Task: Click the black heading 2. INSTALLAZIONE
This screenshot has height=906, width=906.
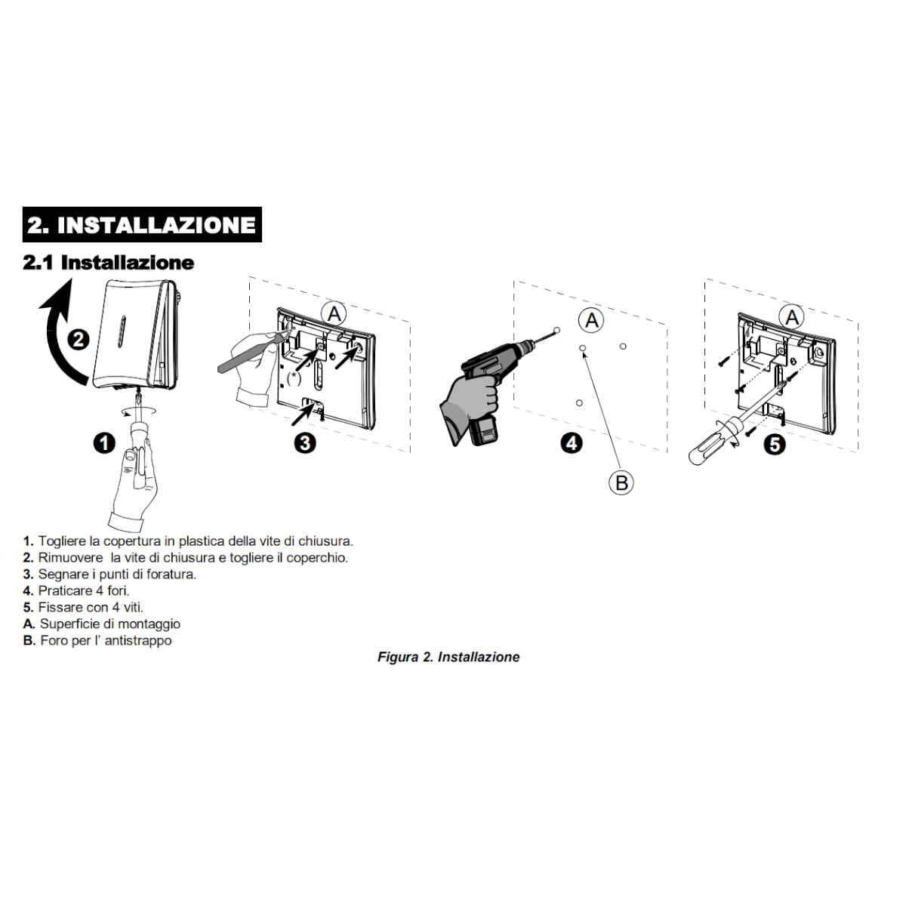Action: click(141, 224)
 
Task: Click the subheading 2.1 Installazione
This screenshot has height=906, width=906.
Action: click(108, 262)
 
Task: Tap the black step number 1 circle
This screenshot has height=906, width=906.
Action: click(104, 443)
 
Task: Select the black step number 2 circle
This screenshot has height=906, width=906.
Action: click(79, 339)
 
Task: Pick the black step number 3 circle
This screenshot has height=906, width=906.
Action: click(305, 443)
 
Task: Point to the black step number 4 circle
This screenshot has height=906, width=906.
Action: click(572, 443)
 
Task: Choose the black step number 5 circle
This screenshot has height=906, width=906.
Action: click(775, 444)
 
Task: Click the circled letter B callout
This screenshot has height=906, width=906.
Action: click(621, 482)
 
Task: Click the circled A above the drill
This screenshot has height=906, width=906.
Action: click(591, 321)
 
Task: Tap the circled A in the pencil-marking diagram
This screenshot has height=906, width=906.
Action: click(334, 313)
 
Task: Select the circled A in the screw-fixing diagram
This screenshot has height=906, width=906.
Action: click(792, 317)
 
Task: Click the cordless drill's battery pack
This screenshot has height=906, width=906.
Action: click(483, 430)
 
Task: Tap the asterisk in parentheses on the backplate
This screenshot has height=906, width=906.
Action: click(294, 377)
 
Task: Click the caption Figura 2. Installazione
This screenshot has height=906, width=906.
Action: click(448, 657)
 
